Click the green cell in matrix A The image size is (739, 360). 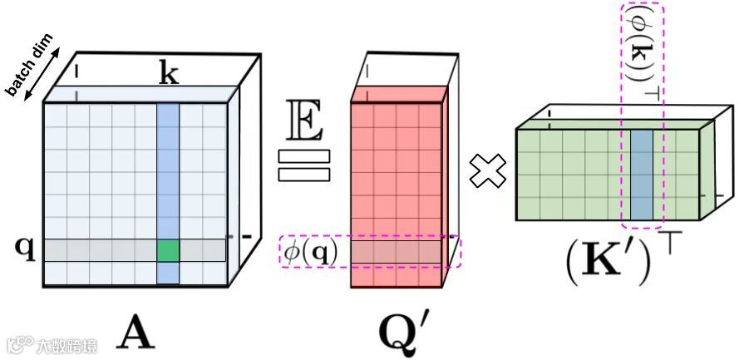click(167, 250)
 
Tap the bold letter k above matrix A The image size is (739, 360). click(168, 75)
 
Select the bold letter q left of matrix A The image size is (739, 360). click(26, 249)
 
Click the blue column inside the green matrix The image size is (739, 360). click(642, 175)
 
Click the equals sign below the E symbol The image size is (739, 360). click(305, 165)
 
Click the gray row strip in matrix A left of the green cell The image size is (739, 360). click(100, 250)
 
